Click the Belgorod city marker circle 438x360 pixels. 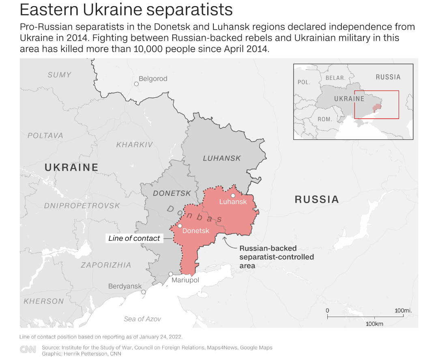136,84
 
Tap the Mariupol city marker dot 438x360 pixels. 171,274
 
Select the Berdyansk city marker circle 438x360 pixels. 143,292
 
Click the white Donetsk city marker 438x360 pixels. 180,226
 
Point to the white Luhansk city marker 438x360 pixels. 233,195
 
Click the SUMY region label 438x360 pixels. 59,75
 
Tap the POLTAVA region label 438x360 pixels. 45,136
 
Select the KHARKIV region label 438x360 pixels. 134,145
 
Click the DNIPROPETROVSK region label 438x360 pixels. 82,206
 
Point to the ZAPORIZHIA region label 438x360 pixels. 106,265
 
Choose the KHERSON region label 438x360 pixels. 44,301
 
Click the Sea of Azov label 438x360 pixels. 142,319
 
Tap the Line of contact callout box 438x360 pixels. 134,238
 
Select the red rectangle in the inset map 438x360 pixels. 376,105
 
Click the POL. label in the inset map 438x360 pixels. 304,82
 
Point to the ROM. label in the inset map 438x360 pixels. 325,119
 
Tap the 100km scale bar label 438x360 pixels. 374,324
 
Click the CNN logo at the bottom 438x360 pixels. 28,350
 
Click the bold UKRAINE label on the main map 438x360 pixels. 71,167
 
